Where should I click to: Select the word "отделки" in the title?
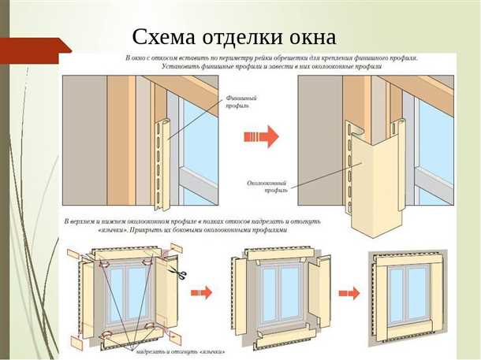click(240, 36)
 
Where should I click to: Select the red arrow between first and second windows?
click(203, 293)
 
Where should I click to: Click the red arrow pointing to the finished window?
click(345, 293)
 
